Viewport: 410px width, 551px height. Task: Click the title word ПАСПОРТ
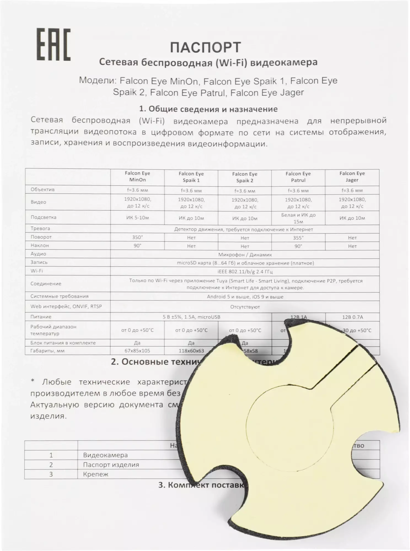[205, 47]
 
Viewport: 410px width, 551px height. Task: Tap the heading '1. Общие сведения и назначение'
[208, 109]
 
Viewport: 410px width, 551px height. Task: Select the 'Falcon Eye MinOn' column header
[137, 177]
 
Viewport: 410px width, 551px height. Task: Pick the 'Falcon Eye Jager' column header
[352, 177]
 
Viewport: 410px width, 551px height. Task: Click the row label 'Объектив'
[42, 190]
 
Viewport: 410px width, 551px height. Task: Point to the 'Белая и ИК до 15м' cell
[298, 218]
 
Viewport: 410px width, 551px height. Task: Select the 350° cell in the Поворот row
[137, 237]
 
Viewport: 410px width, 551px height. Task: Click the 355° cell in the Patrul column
[298, 237]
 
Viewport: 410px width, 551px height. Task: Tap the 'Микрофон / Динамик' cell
[245, 255]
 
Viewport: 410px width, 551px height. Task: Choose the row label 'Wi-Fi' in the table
[37, 271]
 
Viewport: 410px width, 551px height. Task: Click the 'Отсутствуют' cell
[245, 307]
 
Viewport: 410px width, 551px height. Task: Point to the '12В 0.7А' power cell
[352, 317]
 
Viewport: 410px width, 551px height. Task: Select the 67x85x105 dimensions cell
[137, 351]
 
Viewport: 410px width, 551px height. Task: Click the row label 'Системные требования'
[59, 296]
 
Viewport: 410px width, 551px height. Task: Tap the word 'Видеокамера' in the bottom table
[105, 455]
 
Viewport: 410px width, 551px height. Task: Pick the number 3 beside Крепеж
[51, 474]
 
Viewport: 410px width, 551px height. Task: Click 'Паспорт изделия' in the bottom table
[111, 465]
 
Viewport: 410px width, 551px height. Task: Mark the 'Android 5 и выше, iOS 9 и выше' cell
[245, 297]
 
